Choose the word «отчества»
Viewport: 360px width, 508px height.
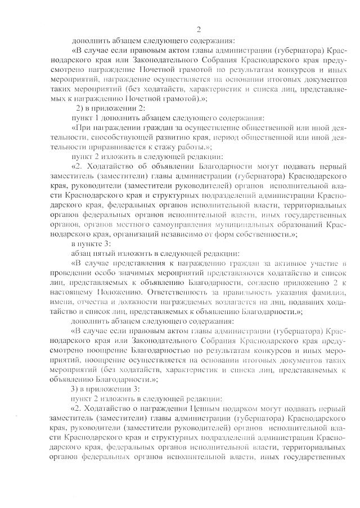click(x=109, y=303)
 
